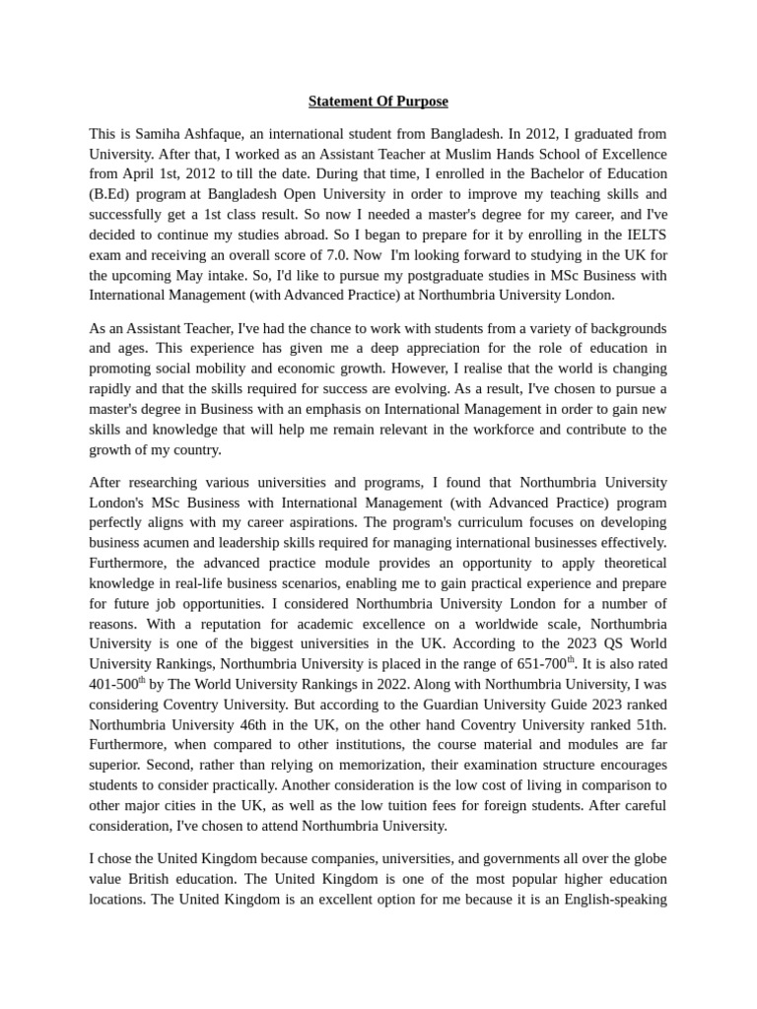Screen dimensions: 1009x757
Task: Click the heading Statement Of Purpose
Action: [378, 101]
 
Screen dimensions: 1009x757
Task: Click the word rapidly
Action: [111, 388]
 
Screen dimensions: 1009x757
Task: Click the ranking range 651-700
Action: [541, 664]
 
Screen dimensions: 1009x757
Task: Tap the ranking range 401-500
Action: [114, 685]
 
